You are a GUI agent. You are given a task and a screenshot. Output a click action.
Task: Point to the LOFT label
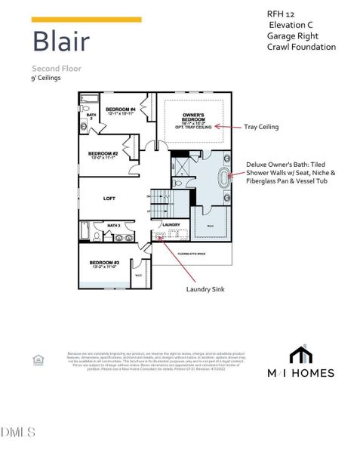point(110,199)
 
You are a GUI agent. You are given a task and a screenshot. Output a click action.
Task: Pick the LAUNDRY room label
point(170,225)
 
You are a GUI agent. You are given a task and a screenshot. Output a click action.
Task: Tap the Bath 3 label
point(115,225)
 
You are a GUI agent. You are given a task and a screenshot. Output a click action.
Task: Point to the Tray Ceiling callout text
point(261,127)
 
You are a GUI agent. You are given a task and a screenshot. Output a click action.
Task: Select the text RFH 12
point(279,14)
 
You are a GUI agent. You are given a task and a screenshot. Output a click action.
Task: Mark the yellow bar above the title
point(87,20)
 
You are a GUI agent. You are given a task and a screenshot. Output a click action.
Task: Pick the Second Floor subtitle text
point(55,68)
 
